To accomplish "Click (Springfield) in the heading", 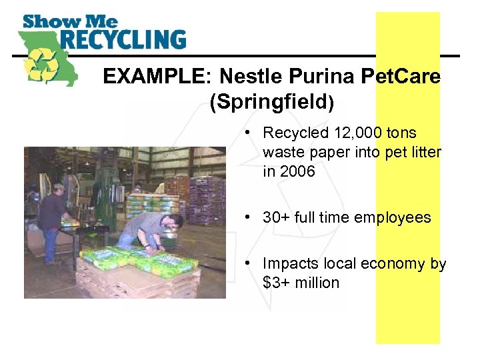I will pos(270,103).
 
